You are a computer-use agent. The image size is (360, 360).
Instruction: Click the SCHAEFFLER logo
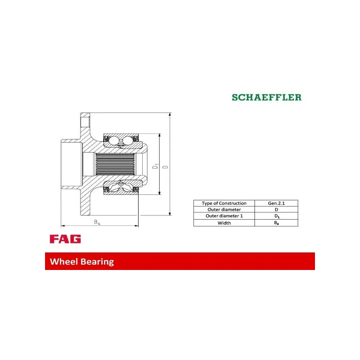pyautogui.click(x=266, y=97)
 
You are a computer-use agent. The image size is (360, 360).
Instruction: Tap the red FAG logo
pyautogui.click(x=65, y=239)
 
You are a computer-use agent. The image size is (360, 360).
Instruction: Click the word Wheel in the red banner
pyautogui.click(x=64, y=261)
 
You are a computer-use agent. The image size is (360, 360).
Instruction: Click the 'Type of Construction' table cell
pyautogui.click(x=224, y=203)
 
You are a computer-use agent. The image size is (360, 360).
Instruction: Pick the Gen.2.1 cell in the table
pyautogui.click(x=276, y=203)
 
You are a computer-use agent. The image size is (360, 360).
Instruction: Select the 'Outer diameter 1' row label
pyautogui.click(x=224, y=216)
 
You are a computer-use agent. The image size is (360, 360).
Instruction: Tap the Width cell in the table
pyautogui.click(x=224, y=223)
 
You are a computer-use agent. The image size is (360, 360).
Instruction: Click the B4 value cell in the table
pyautogui.click(x=276, y=223)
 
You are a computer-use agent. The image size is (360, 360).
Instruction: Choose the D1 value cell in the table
pyautogui.click(x=276, y=216)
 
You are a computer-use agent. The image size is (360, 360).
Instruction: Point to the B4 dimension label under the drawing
pyautogui.click(x=97, y=222)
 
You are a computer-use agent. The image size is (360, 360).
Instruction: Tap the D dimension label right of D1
pyautogui.click(x=165, y=166)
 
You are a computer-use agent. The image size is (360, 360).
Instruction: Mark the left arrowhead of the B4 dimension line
pyautogui.click(x=63, y=225)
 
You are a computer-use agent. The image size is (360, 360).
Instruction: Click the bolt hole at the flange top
pyautogui.click(x=85, y=121)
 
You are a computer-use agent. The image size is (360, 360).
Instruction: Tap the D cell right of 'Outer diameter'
pyautogui.click(x=276, y=210)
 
